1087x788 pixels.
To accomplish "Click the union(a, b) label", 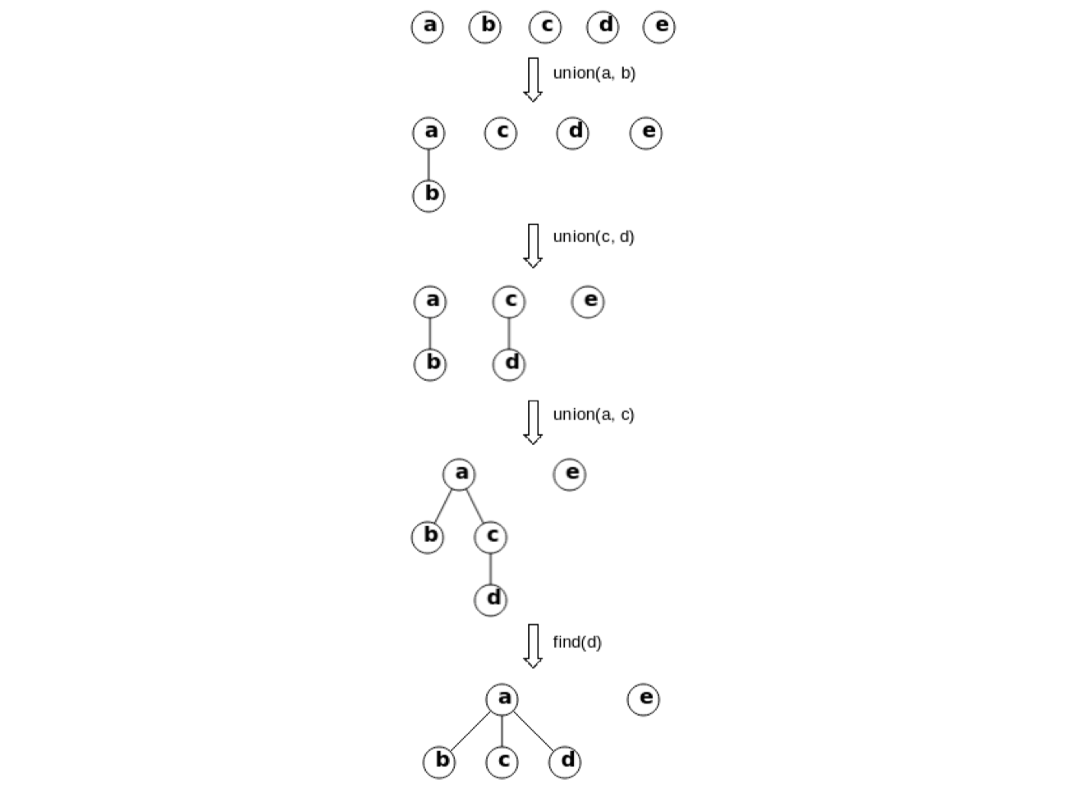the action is [x=594, y=73].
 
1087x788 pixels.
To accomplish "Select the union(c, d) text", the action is [x=593, y=236].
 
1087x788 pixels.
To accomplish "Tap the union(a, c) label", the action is [x=593, y=415].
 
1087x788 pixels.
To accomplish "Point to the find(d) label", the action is [x=576, y=642].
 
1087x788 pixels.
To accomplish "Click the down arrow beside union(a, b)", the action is [x=533, y=79].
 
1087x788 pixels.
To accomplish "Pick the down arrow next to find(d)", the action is [x=533, y=645].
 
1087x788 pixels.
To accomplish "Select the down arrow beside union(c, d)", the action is [x=533, y=245].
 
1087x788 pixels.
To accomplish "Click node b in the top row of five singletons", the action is [x=485, y=26].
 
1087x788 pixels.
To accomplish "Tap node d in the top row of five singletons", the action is [x=603, y=26].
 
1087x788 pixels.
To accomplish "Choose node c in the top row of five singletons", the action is [x=545, y=26].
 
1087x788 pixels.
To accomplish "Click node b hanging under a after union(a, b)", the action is [x=429, y=195].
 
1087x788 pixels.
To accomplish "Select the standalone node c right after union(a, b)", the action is [x=501, y=132].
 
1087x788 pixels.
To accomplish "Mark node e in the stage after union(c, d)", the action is [x=588, y=301].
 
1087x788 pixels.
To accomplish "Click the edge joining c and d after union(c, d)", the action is [x=509, y=332].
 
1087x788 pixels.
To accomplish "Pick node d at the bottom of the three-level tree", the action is [x=491, y=598].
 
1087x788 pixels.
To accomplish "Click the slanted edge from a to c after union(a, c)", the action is [x=475, y=505].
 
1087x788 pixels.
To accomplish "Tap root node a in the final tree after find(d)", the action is [x=502, y=699].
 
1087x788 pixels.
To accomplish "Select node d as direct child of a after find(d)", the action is [x=565, y=762].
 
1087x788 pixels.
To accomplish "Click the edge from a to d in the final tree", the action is [x=534, y=731].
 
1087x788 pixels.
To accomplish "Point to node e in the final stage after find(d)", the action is [x=644, y=699].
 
